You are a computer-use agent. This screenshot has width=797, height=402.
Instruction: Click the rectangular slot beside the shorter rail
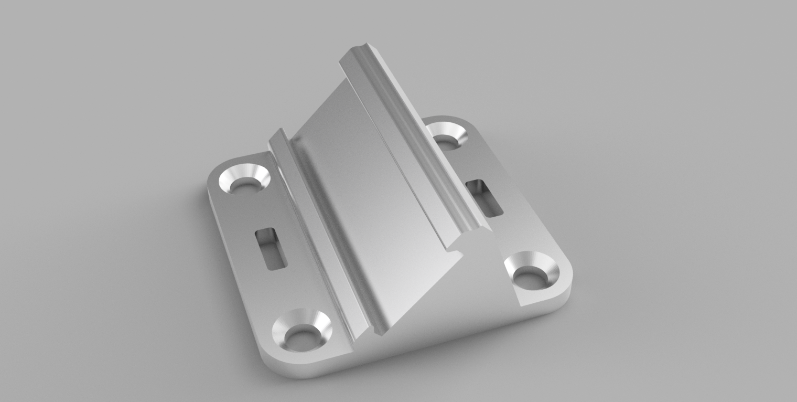pyautogui.click(x=271, y=249)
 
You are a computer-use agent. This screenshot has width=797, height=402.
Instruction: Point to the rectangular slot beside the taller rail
pyautogui.click(x=484, y=197)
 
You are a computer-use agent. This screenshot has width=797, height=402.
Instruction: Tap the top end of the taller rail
pyautogui.click(x=357, y=52)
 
